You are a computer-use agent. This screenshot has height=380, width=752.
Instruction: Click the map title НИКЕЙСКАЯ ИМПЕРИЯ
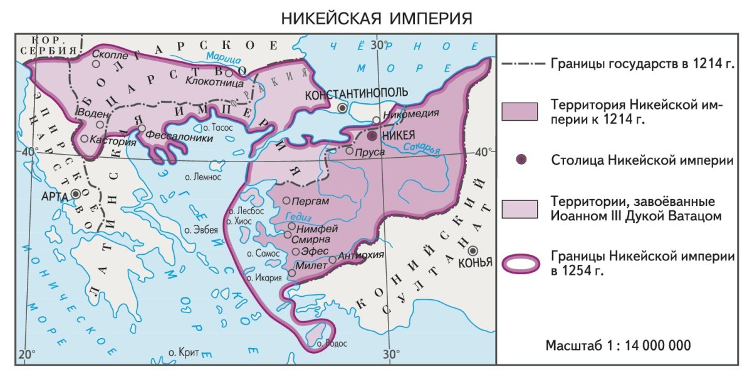(x=375, y=18)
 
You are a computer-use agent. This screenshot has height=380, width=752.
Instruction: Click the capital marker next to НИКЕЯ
(x=372, y=135)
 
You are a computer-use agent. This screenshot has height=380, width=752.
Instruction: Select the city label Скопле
(x=117, y=54)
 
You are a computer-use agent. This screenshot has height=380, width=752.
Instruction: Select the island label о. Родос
(x=332, y=344)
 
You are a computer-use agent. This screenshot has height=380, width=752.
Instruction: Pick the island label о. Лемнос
(x=203, y=177)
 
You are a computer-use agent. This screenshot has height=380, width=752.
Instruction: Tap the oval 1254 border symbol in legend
(x=521, y=264)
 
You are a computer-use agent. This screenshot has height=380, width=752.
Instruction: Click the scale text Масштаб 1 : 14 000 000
(x=618, y=346)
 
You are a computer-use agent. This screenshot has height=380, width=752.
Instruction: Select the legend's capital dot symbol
(x=520, y=160)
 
